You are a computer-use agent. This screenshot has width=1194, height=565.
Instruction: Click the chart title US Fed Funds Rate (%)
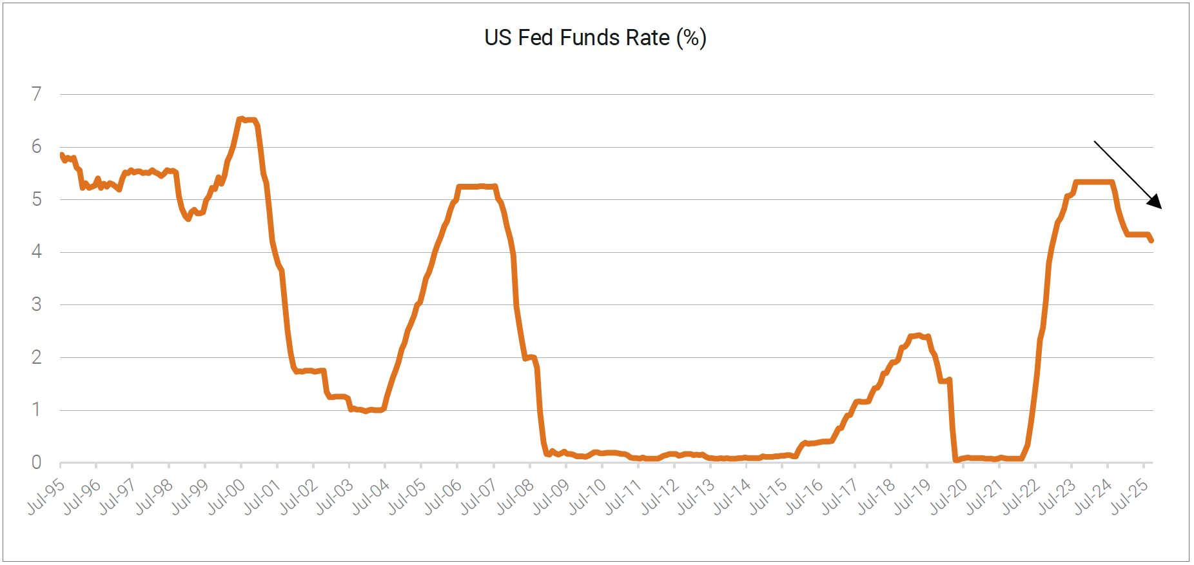point(595,37)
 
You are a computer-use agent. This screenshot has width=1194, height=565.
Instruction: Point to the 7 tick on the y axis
point(37,94)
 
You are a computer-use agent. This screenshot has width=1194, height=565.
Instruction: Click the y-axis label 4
point(37,252)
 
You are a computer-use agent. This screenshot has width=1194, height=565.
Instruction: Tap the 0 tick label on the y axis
point(37,462)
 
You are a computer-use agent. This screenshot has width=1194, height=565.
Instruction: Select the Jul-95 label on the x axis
point(46,496)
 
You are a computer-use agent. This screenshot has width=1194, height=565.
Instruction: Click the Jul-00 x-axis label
point(226,496)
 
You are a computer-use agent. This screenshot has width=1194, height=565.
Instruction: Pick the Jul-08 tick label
point(515,496)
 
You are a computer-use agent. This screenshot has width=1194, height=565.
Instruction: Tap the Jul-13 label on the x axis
point(696,496)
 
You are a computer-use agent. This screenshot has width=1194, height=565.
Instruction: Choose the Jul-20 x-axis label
point(948,496)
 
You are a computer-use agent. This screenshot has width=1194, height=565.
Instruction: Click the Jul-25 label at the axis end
point(1130,496)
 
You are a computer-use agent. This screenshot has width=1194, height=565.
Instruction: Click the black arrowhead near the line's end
point(1156,203)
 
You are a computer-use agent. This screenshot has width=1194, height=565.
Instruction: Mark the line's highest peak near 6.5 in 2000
point(241,119)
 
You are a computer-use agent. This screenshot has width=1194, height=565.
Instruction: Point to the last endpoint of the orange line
point(1151,240)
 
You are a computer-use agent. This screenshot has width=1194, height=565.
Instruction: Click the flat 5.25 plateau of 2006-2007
point(476,186)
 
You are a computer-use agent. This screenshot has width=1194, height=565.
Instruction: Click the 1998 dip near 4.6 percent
point(188,219)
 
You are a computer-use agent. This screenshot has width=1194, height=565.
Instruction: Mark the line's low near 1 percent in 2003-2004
point(366,410)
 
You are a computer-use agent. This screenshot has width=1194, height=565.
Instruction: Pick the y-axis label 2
point(37,357)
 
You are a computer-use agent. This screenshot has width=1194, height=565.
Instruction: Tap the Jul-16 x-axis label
point(804,496)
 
